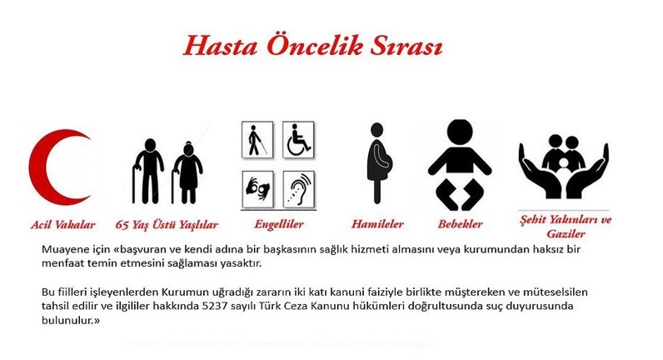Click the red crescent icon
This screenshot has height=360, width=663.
(x=42, y=167)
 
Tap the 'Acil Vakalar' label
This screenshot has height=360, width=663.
(x=63, y=225)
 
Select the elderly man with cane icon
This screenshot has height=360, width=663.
(x=147, y=171)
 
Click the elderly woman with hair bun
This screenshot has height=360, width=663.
(x=187, y=173)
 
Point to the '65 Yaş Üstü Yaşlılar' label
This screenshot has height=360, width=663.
(x=167, y=225)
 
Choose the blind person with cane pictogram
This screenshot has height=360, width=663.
(x=257, y=140)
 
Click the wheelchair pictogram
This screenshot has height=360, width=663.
(x=298, y=140)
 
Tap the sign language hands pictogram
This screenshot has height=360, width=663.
(x=257, y=188)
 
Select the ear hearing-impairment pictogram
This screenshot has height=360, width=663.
(x=298, y=188)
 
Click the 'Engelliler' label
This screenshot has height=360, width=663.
(x=279, y=224)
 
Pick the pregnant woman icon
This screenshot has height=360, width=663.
(x=379, y=162)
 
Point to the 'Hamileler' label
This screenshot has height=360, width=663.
(x=377, y=224)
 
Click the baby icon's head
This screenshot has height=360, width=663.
(x=460, y=132)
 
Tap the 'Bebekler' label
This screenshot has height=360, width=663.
(x=460, y=224)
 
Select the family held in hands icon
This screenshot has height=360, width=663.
(x=564, y=167)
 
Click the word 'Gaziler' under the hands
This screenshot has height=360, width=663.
(x=566, y=233)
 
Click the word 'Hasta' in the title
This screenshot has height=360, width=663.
(x=220, y=46)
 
